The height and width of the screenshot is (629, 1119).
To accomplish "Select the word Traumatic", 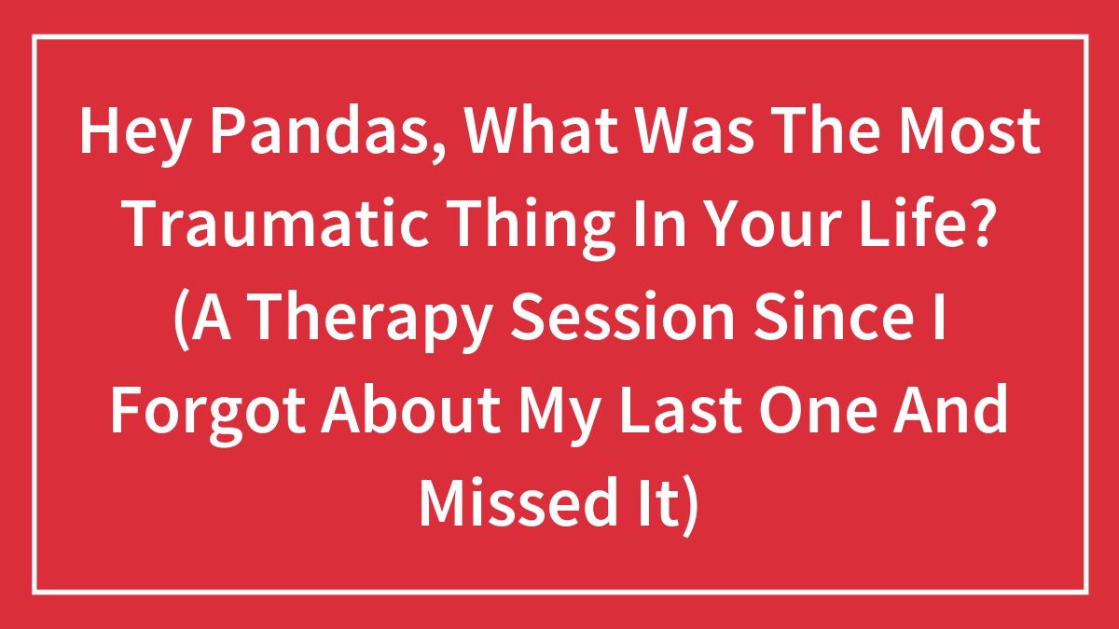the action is pyautogui.click(x=277, y=223).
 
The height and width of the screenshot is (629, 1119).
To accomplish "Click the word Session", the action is pyautogui.click(x=622, y=317).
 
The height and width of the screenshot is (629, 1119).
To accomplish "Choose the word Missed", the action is pyautogui.click(x=517, y=502).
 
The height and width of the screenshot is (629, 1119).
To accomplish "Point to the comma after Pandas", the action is pyautogui.click(x=438, y=151).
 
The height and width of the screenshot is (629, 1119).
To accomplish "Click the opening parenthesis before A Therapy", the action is pyautogui.click(x=182, y=320).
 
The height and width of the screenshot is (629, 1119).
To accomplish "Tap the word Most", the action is pyautogui.click(x=970, y=130).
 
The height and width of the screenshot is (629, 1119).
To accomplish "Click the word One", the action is pyautogui.click(x=819, y=409).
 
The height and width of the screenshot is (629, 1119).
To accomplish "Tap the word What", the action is pyautogui.click(x=541, y=130).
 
